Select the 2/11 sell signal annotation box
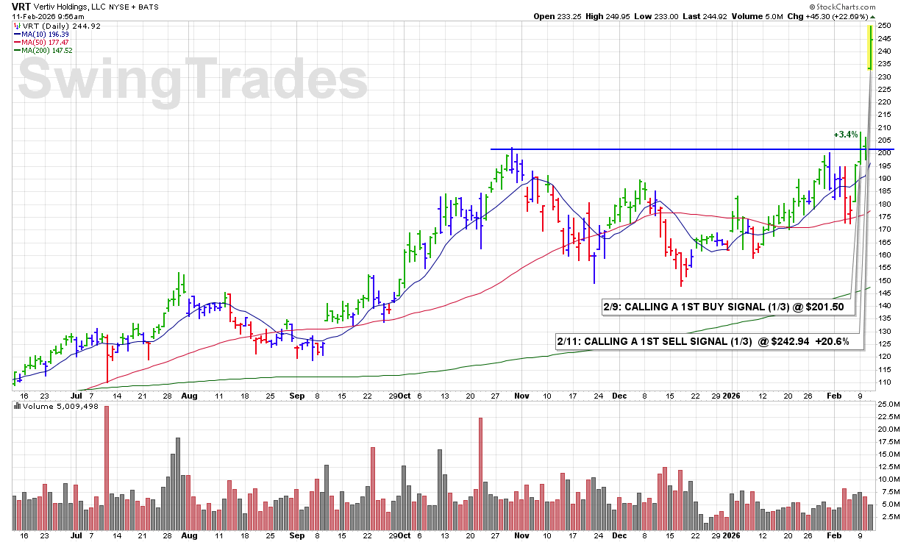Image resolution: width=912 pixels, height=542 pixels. pyautogui.click(x=709, y=342)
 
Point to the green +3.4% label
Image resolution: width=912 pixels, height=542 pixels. pyautogui.click(x=845, y=135)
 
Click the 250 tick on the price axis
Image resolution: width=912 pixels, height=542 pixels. pyautogui.click(x=886, y=26)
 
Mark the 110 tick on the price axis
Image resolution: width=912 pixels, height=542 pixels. pyautogui.click(x=886, y=382)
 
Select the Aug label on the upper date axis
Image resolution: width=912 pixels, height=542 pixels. pyautogui.click(x=189, y=395)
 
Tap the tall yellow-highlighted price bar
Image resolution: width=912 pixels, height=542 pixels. pyautogui.click(x=871, y=47)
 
